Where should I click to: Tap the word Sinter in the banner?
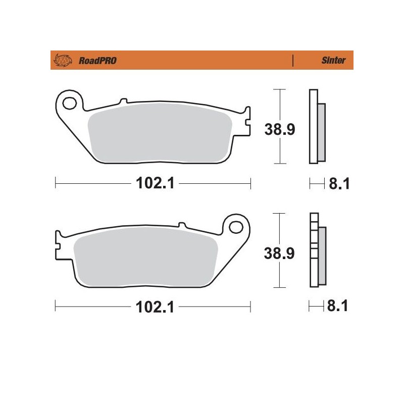[334, 61]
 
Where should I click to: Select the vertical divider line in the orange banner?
[293, 61]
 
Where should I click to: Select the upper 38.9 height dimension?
[280, 129]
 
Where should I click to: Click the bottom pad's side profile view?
[317, 251]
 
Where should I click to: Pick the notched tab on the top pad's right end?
[246, 121]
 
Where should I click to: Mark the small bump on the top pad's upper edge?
[122, 99]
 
